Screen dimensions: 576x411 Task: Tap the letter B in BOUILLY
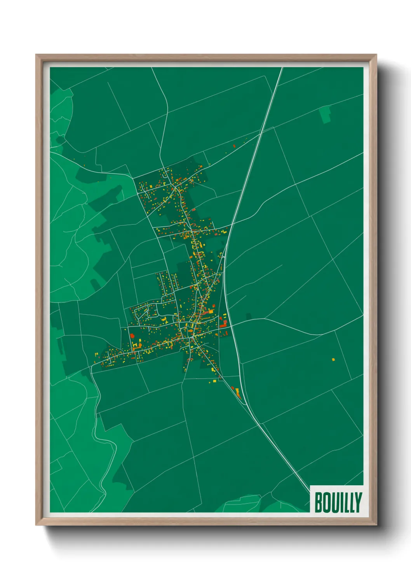coord(318,502)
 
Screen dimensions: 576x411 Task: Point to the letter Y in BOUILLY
coord(358,502)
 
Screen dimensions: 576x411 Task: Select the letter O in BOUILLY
coord(326,502)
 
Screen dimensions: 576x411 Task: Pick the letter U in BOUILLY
coord(334,502)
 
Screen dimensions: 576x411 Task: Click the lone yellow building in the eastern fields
coord(333,359)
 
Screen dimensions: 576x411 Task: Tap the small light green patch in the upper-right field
coord(325,114)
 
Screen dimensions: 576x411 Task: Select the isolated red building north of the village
coord(234,146)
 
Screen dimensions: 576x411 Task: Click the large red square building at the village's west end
coord(132,335)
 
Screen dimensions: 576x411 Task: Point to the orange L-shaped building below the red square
coord(136,345)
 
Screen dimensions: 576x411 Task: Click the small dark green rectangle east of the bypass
coord(248,316)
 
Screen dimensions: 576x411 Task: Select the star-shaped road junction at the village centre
coord(192,339)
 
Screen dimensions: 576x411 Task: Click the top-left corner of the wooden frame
coord(36,55)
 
